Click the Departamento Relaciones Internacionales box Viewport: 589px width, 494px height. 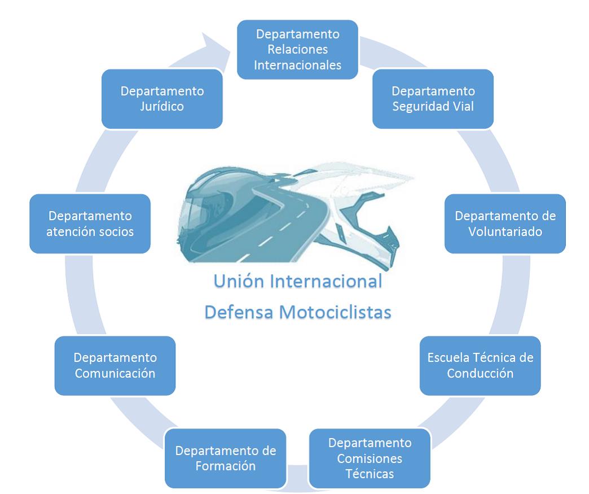pyautogui.click(x=297, y=49)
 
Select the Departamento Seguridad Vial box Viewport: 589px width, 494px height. pyautogui.click(x=433, y=98)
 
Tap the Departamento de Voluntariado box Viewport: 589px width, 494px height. pyautogui.click(x=505, y=224)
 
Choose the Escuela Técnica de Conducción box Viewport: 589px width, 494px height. pyautogui.click(x=480, y=365)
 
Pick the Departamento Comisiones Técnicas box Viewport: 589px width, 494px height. pyautogui.click(x=370, y=458)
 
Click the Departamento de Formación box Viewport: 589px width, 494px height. pyautogui.click(x=225, y=458)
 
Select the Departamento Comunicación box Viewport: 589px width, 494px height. pyautogui.click(x=115, y=365)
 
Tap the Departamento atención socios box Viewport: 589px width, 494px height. pyautogui.click(x=90, y=224)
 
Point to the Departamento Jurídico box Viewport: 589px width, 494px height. pyautogui.click(x=162, y=98)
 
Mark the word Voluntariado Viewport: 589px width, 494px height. pyautogui.click(x=505, y=231)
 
